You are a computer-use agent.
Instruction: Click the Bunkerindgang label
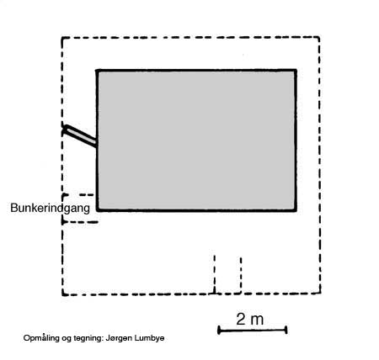tap(50, 209)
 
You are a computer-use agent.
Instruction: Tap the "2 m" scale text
tap(249, 319)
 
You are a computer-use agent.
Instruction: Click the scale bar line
tap(252, 331)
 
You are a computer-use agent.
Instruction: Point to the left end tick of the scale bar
tap(219, 331)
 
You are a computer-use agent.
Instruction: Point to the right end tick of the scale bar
tap(286, 330)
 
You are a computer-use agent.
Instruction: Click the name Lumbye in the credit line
tap(150, 338)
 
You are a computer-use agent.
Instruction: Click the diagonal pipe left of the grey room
tap(80, 136)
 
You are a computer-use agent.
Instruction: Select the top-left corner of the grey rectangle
tap(97, 71)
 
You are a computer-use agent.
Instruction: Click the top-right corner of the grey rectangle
tap(296, 70)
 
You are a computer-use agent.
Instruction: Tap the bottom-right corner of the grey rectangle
tap(296, 209)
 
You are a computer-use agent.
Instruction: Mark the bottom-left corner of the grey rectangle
tap(98, 209)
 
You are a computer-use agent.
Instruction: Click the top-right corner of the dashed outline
tap(319, 37)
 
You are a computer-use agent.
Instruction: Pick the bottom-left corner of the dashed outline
tap(63, 294)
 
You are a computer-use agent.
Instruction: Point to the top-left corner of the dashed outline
tap(62, 38)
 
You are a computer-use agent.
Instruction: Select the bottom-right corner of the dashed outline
tap(320, 293)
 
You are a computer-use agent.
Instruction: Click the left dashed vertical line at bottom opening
tap(215, 274)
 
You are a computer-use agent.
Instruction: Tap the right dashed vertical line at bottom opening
tap(241, 275)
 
